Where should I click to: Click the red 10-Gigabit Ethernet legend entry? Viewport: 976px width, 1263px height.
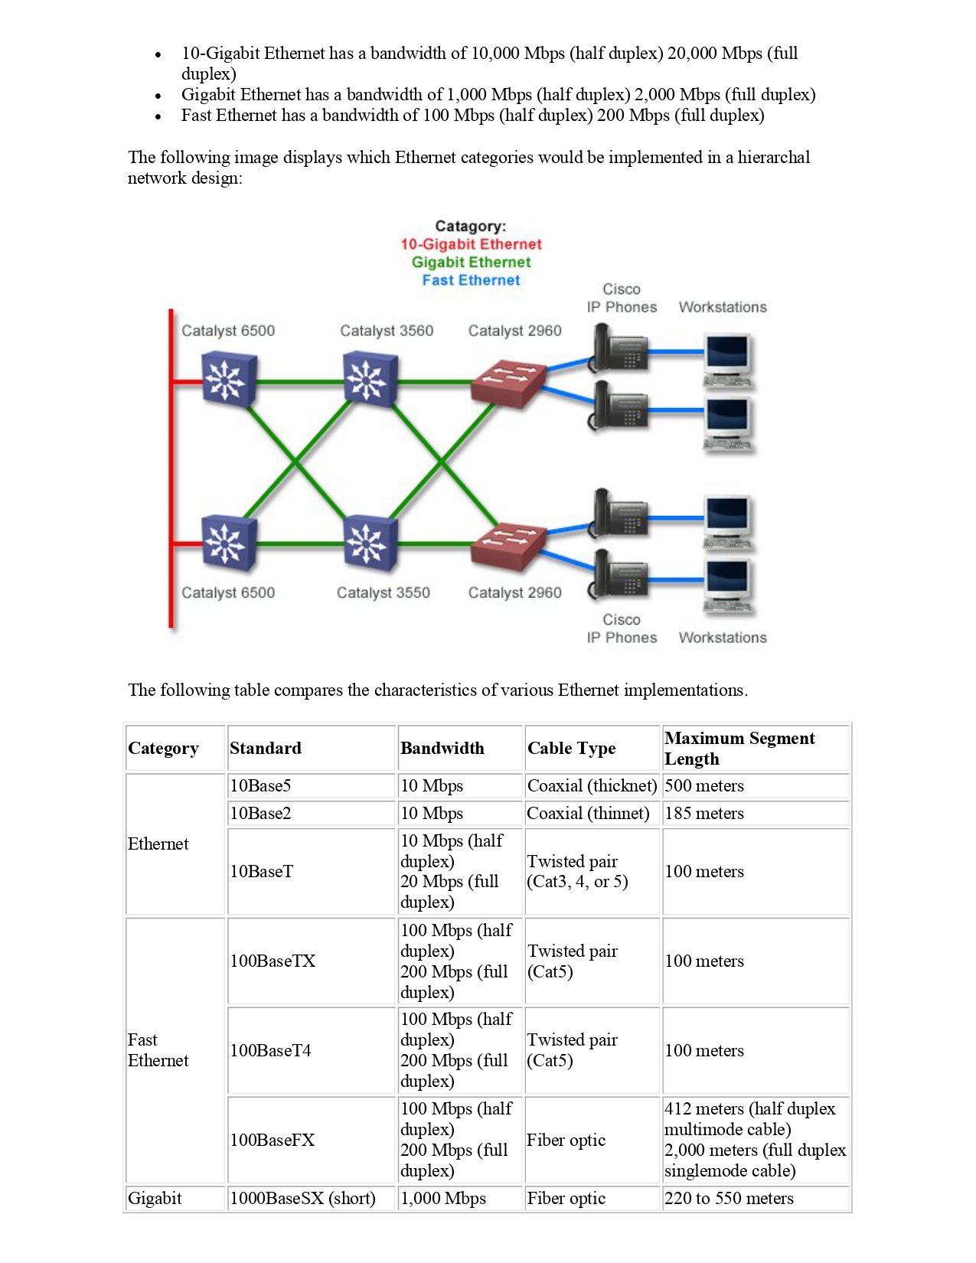pyautogui.click(x=471, y=244)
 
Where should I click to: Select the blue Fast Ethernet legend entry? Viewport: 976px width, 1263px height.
pyautogui.click(x=471, y=280)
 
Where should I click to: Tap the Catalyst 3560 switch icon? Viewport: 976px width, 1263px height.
pyautogui.click(x=370, y=378)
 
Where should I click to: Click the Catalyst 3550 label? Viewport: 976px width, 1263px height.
pyautogui.click(x=383, y=592)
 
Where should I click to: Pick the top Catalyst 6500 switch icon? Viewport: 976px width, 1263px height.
pyautogui.click(x=228, y=379)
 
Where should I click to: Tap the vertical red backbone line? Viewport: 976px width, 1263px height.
pyautogui.click(x=171, y=467)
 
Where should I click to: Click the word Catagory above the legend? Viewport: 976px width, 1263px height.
pyautogui.click(x=470, y=226)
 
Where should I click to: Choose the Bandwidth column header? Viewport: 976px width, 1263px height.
pyautogui.click(x=442, y=748)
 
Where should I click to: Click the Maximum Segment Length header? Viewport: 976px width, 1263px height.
pyautogui.click(x=739, y=748)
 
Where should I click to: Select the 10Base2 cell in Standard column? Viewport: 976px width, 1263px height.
pyautogui.click(x=260, y=813)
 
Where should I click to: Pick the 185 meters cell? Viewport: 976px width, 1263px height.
pyautogui.click(x=704, y=813)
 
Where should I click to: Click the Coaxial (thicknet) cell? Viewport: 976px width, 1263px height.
pyautogui.click(x=591, y=785)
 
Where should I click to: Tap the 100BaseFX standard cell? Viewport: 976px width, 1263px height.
pyautogui.click(x=273, y=1140)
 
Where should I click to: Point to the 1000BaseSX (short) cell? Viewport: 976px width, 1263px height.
pyautogui.click(x=302, y=1198)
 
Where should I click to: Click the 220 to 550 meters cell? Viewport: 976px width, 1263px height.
pyautogui.click(x=729, y=1198)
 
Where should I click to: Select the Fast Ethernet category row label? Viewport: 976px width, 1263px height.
pyautogui.click(x=158, y=1050)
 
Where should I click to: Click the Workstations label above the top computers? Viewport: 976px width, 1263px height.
pyautogui.click(x=722, y=307)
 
